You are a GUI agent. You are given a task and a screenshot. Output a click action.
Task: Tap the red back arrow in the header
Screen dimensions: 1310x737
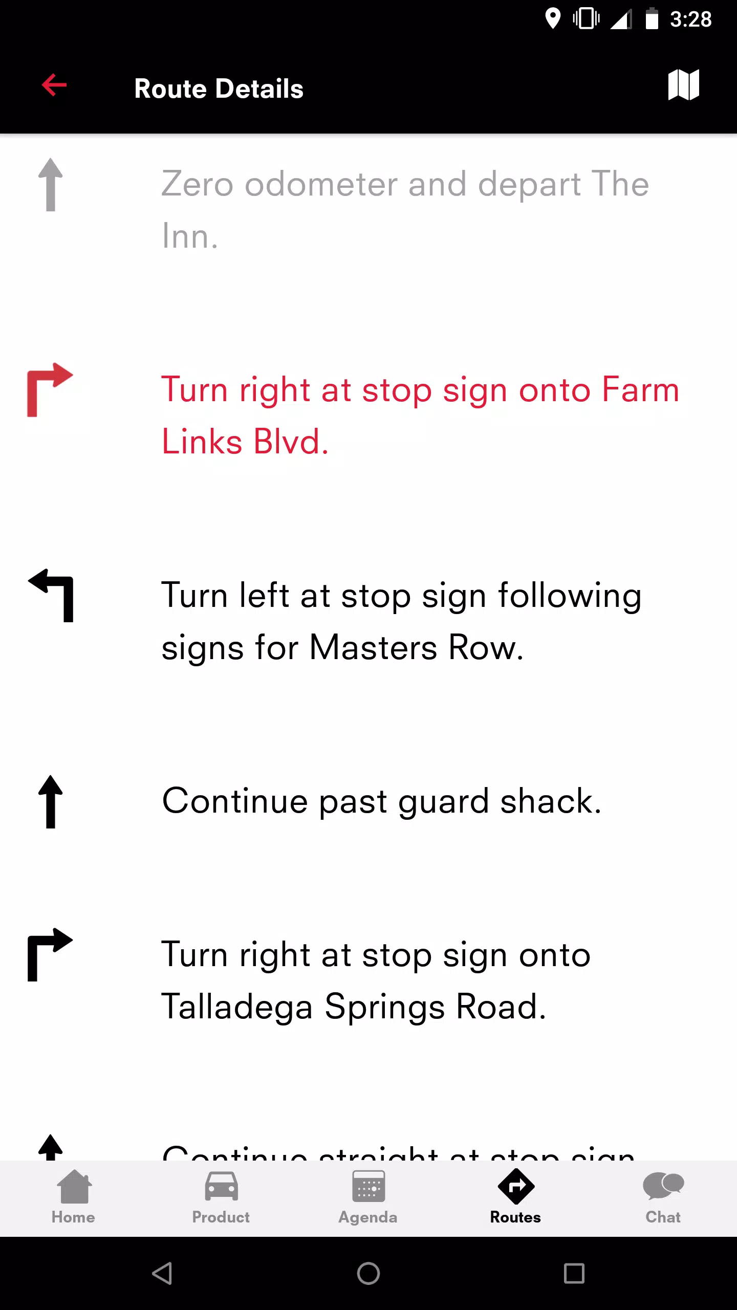click(x=54, y=85)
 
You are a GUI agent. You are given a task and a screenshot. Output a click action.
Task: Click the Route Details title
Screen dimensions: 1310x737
click(x=219, y=89)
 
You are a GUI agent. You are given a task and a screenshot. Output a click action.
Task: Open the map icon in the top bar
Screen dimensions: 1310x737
click(x=683, y=85)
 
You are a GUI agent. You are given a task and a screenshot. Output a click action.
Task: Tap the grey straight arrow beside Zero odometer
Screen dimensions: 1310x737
click(x=50, y=185)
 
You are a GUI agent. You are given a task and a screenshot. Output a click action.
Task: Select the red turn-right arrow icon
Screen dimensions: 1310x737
click(x=50, y=390)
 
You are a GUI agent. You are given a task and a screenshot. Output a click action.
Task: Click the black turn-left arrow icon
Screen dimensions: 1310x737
click(x=51, y=595)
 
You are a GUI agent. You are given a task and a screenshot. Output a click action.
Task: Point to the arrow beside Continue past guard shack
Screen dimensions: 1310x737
click(x=50, y=801)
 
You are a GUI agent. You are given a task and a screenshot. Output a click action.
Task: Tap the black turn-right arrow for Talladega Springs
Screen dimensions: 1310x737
click(x=50, y=955)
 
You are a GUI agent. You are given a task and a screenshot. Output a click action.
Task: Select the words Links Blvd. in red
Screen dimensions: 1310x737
click(x=245, y=442)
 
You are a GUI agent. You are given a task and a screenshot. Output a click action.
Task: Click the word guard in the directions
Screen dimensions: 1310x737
click(x=443, y=801)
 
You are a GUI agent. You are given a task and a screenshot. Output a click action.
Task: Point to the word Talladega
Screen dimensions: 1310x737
click(x=236, y=1007)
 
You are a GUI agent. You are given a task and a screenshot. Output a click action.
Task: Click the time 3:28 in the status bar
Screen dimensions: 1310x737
click(x=690, y=19)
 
